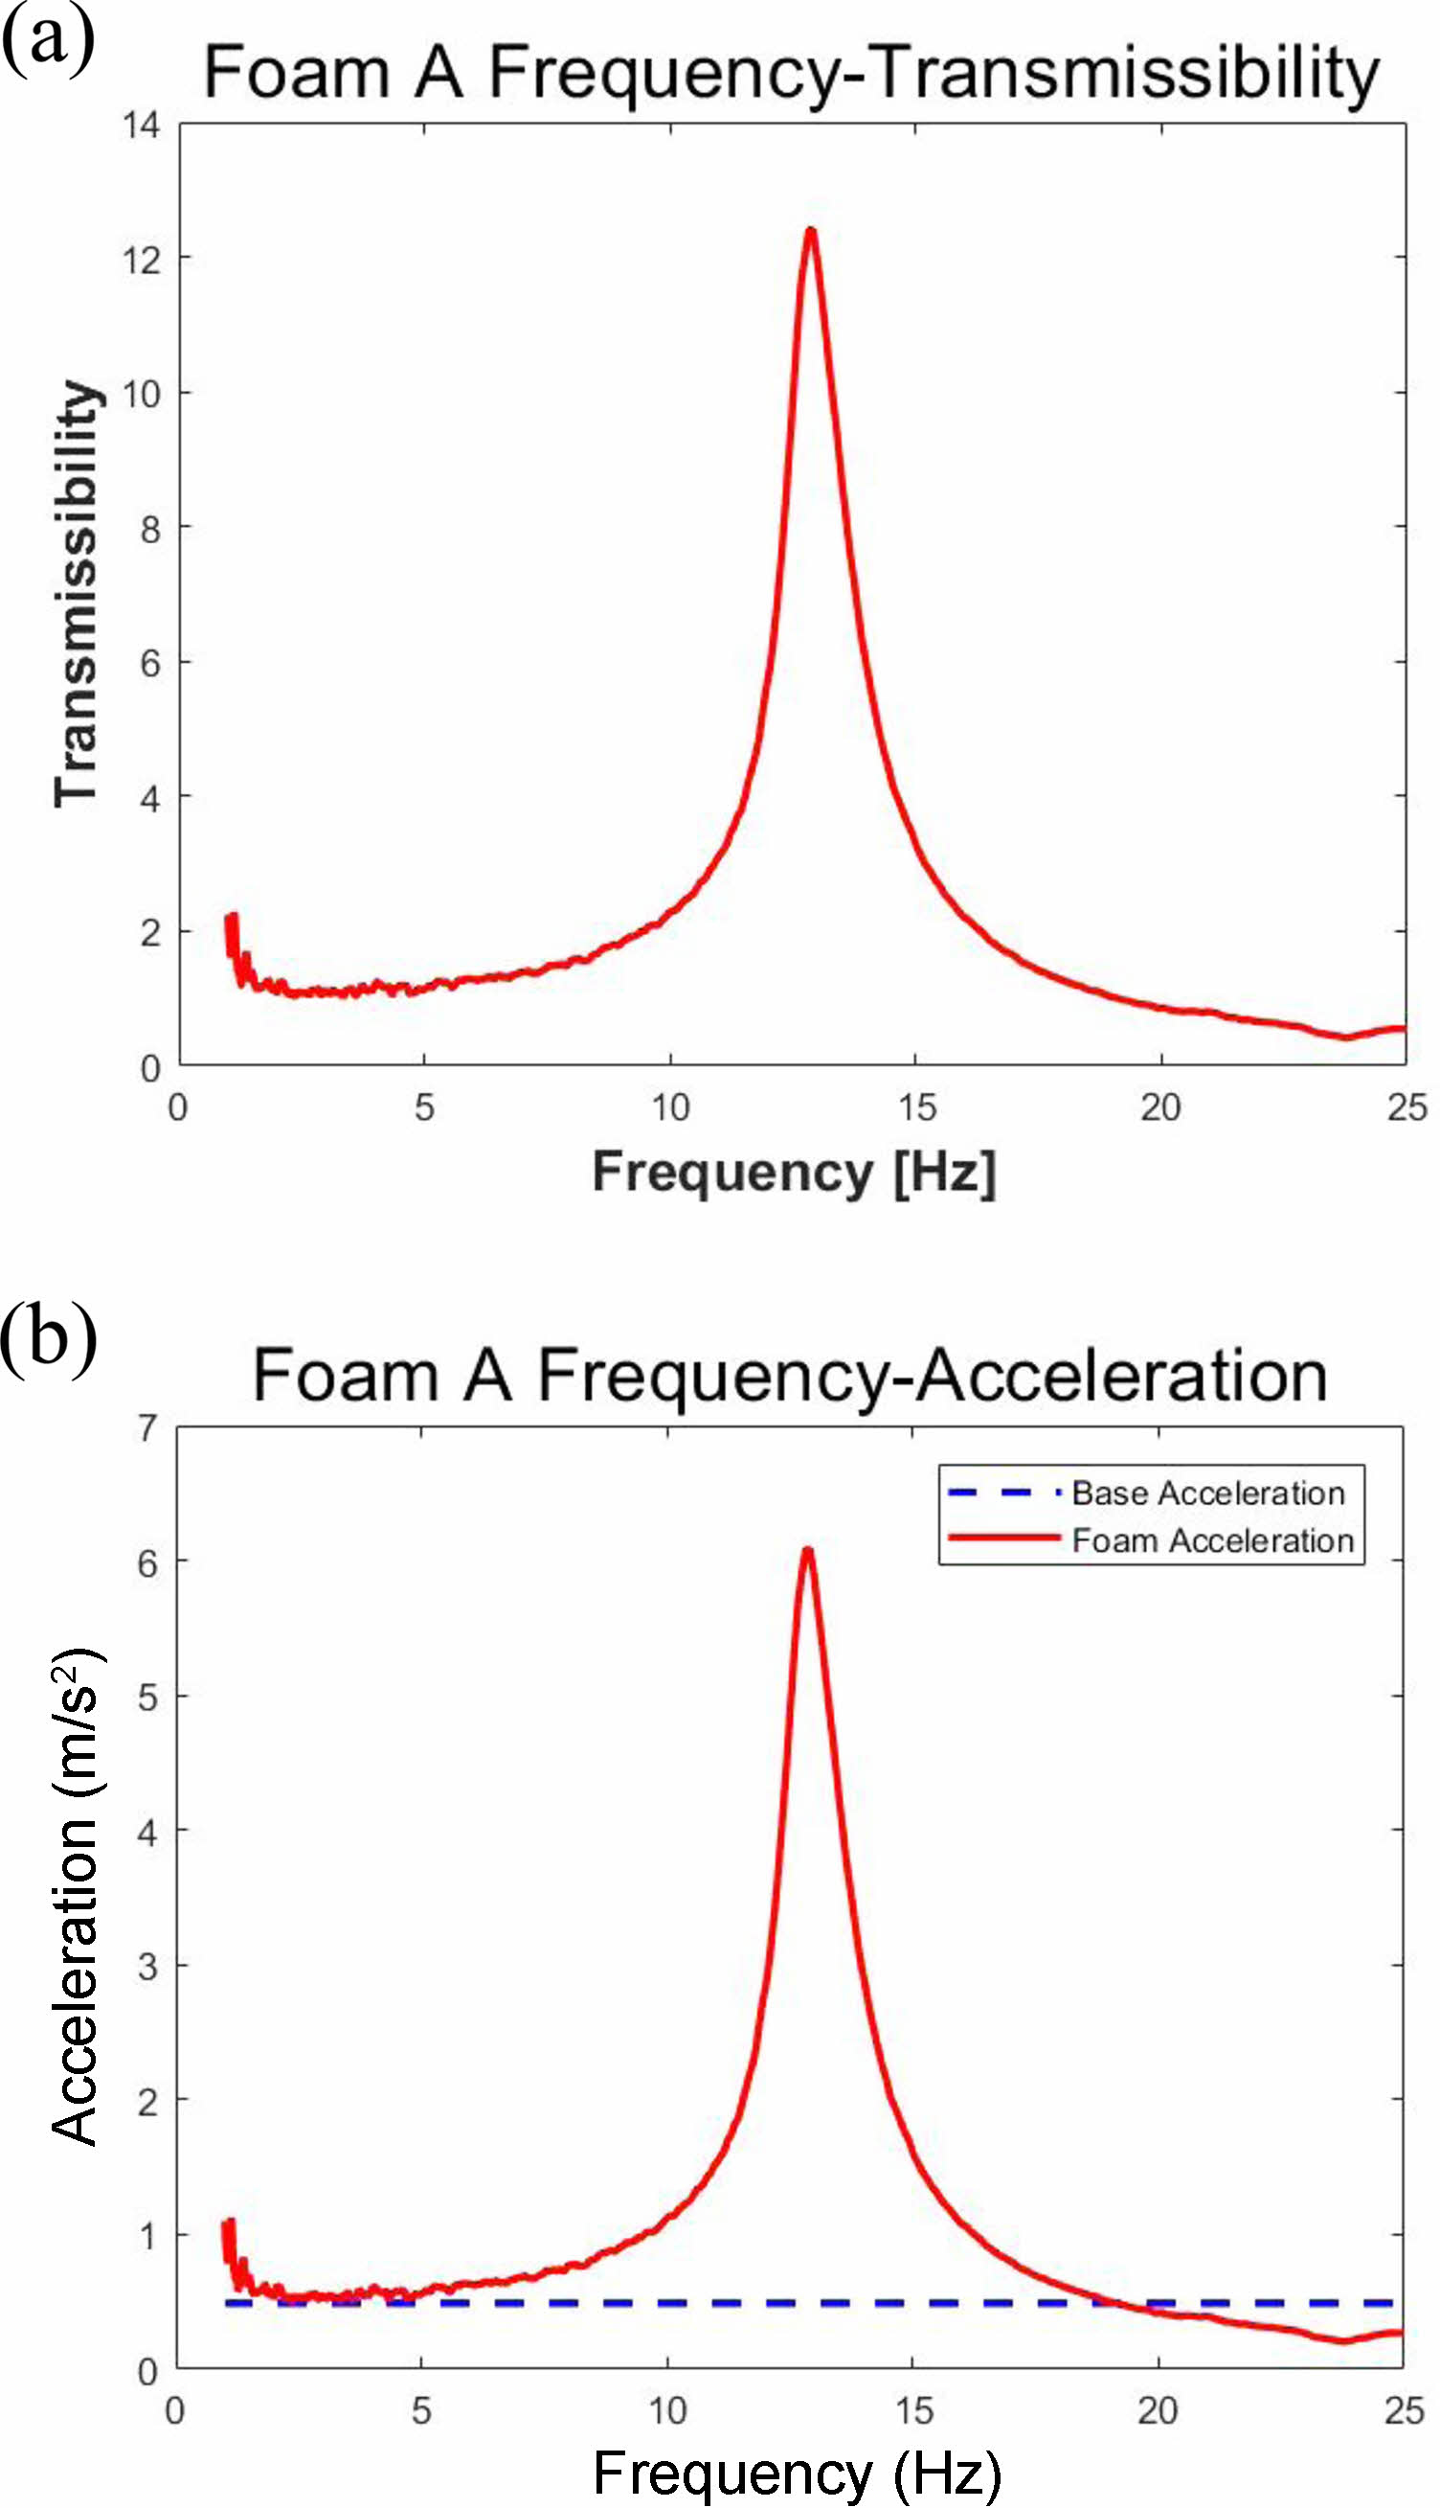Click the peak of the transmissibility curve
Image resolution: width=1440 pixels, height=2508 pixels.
(x=811, y=232)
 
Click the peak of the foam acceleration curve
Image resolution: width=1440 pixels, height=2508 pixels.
(x=808, y=1550)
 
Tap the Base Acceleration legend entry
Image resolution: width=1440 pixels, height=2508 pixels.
(x=1207, y=1493)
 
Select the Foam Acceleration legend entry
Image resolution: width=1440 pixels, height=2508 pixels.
(x=1212, y=1540)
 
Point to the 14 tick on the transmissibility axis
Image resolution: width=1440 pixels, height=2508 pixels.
(x=141, y=125)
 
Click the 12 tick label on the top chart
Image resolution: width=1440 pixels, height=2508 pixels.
(x=141, y=261)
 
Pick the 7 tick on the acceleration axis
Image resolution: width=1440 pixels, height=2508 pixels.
(x=147, y=1427)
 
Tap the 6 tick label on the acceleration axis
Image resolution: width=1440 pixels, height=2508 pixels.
(x=147, y=1563)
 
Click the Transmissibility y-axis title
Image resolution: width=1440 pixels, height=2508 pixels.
(x=78, y=594)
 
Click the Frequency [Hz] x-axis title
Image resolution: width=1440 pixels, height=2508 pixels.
(x=793, y=1173)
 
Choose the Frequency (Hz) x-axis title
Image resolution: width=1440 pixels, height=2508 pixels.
(x=797, y=2474)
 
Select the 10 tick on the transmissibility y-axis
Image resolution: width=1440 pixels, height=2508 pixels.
(x=141, y=395)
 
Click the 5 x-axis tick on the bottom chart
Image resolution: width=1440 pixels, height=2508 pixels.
(x=421, y=2411)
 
